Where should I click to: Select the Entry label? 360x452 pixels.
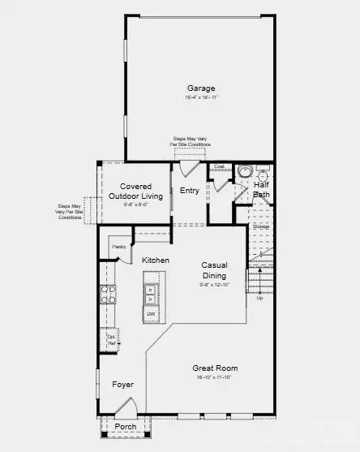click(x=189, y=191)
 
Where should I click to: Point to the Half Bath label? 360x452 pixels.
click(x=261, y=189)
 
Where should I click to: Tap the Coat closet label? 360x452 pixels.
click(x=219, y=166)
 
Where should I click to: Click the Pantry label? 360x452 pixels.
click(x=118, y=246)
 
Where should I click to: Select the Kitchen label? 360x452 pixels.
click(x=156, y=260)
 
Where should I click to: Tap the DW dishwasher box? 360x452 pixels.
click(x=151, y=313)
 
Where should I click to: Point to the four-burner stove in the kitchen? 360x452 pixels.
click(x=106, y=295)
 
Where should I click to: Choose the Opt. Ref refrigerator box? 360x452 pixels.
click(x=112, y=339)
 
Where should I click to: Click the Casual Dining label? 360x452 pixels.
click(x=215, y=270)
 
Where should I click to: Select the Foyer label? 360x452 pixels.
click(x=122, y=384)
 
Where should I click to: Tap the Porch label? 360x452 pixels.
click(x=125, y=426)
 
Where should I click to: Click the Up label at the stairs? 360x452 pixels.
click(x=259, y=298)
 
